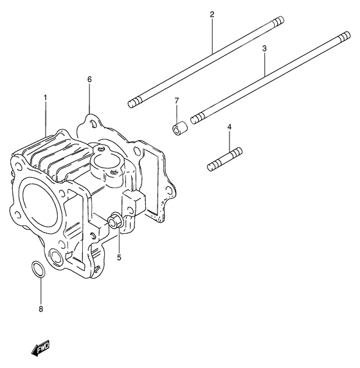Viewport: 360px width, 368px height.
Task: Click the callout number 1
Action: point(46,98)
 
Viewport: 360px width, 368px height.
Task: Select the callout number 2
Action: point(211,14)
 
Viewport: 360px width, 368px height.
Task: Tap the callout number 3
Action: point(264,48)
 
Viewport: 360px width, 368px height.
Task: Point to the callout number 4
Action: point(229,127)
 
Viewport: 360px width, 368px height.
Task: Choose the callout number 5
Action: point(119,258)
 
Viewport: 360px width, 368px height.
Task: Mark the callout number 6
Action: point(89,79)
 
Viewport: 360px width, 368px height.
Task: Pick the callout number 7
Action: point(176,101)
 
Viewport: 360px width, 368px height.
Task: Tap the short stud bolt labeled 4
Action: point(224,159)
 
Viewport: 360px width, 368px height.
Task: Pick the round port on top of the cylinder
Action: point(104,155)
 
